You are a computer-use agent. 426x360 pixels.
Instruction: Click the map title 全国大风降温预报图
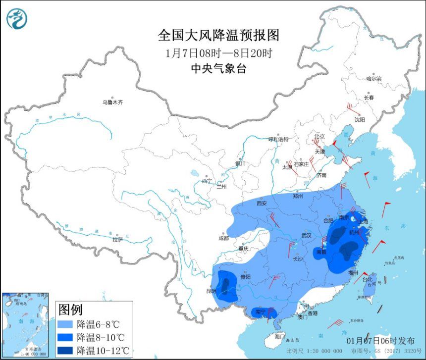tap(218, 36)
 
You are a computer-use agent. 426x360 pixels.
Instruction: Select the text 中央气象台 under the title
tap(218, 69)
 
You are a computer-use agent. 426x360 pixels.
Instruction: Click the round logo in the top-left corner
tap(17, 18)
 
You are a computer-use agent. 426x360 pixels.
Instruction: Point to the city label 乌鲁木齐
tap(112, 103)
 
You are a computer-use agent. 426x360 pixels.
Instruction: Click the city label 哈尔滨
tap(374, 79)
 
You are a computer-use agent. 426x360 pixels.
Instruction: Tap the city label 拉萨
tap(117, 240)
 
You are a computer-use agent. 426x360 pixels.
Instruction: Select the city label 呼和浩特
tap(281, 139)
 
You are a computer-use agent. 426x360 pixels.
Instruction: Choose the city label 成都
tap(223, 238)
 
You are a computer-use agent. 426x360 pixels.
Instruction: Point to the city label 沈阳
tap(360, 119)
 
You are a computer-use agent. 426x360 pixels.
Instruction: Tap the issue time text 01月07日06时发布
tap(380, 341)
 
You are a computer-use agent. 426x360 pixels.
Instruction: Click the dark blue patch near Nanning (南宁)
tap(263, 312)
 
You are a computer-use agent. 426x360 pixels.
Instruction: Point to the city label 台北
tap(367, 279)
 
